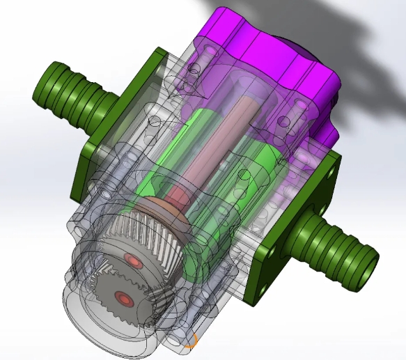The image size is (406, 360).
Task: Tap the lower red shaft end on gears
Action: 123,299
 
